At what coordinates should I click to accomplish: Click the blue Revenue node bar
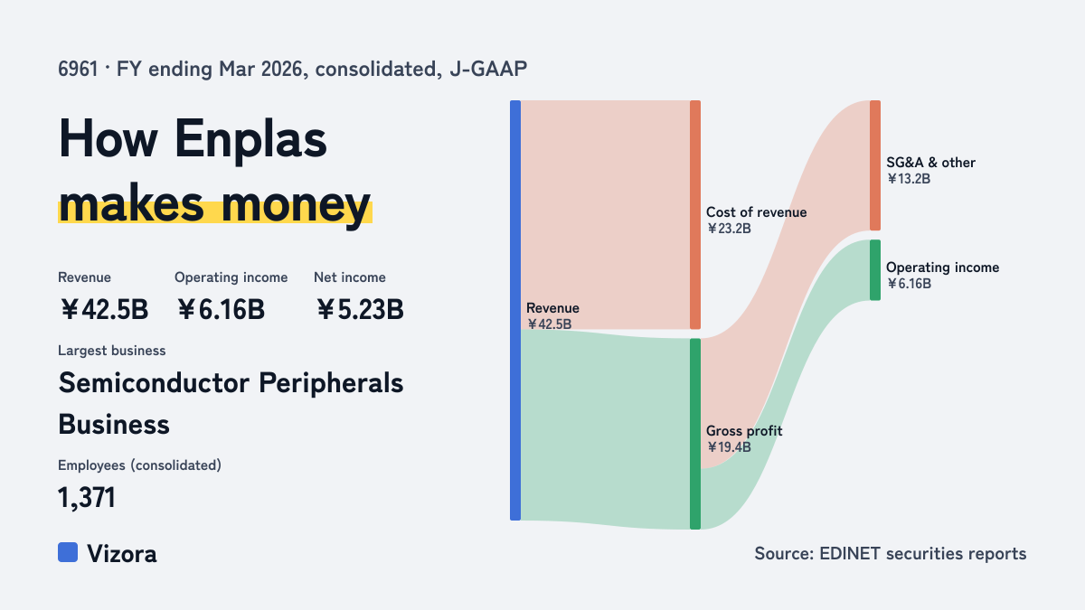tap(515, 310)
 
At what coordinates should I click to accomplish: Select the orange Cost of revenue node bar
tap(695, 215)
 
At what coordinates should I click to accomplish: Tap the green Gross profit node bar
tap(695, 434)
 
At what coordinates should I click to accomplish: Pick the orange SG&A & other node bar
tap(875, 165)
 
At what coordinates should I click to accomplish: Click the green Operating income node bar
tap(875, 270)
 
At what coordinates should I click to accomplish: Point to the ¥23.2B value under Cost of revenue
tap(729, 229)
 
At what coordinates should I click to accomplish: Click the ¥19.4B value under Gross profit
tap(729, 446)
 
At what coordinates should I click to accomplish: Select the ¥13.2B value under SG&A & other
tap(909, 179)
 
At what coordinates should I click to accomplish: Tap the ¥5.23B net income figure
tap(360, 309)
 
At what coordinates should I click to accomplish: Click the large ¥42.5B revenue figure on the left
tap(104, 309)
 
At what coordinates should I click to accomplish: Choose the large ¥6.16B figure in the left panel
tap(221, 309)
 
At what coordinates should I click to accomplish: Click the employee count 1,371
tap(87, 498)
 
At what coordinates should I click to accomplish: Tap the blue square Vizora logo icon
tap(68, 552)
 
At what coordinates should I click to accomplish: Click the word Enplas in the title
tap(250, 141)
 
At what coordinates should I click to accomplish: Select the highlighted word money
tap(297, 205)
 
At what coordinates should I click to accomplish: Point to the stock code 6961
tap(78, 70)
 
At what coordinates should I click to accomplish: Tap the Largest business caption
tap(112, 351)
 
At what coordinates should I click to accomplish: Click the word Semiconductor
tap(154, 383)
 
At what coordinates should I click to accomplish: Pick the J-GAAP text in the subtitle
tap(488, 70)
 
